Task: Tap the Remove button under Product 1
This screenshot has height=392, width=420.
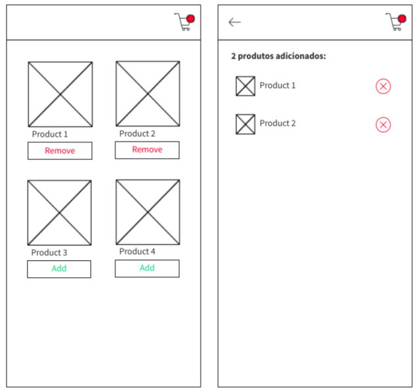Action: click(60, 151)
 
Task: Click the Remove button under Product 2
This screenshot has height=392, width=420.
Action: click(147, 150)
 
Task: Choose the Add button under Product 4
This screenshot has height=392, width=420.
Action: click(147, 268)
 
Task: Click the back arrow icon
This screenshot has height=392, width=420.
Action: click(234, 22)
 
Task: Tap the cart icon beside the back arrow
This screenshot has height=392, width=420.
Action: click(395, 22)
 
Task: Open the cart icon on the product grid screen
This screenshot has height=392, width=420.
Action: click(184, 22)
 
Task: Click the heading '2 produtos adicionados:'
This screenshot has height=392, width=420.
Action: click(278, 56)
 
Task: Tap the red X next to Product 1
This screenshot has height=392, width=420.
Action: click(383, 86)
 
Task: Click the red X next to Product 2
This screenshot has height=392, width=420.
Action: click(383, 125)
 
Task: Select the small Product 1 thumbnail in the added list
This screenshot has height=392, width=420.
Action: click(245, 86)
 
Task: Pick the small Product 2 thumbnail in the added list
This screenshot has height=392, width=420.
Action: click(245, 124)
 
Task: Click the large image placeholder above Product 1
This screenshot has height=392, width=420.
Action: click(60, 94)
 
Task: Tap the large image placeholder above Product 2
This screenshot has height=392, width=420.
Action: click(148, 94)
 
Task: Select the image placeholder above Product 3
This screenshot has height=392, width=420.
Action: click(60, 213)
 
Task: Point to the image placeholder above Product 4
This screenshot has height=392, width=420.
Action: click(148, 212)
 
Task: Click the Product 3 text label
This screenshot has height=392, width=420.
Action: click(49, 253)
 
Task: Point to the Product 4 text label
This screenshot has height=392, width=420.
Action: click(137, 252)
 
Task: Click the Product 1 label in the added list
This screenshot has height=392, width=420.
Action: click(278, 86)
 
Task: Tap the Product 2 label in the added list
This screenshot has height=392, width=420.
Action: click(278, 124)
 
